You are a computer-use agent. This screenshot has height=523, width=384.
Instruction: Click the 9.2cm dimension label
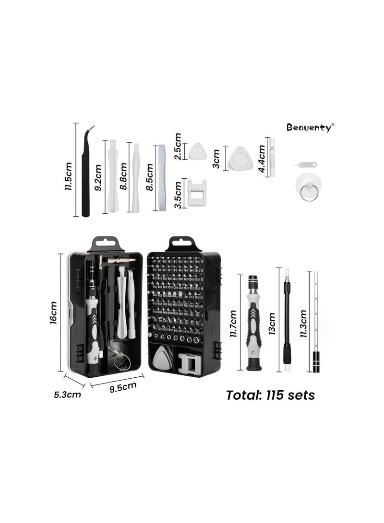point(98,177)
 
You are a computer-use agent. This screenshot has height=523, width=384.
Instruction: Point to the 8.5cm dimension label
point(149,176)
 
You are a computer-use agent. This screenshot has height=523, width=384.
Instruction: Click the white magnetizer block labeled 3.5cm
point(196,192)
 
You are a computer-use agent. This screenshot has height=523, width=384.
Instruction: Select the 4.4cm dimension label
point(262,157)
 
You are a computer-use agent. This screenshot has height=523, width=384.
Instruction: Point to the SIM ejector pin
point(299,166)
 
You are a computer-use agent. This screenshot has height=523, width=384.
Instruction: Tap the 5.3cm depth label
point(68,395)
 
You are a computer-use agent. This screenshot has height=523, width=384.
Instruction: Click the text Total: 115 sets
point(270,395)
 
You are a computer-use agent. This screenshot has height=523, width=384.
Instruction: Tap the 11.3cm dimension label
point(303,324)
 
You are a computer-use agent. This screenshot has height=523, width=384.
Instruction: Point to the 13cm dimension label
point(272,324)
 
